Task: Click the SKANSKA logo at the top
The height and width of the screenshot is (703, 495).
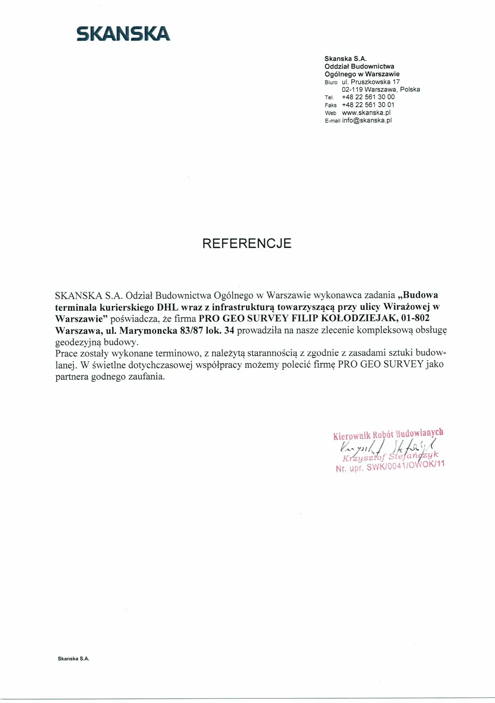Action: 123,34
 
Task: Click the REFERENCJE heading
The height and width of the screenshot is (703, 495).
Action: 246,243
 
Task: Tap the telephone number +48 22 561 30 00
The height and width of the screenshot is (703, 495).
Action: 368,97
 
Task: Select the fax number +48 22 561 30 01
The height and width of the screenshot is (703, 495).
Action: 368,105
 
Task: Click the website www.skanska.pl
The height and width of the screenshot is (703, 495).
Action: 366,113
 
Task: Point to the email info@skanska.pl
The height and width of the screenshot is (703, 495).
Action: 367,120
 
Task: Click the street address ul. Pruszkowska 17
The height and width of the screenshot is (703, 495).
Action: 371,82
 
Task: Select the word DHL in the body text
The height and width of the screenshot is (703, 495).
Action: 167,307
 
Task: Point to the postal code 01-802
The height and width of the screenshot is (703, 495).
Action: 416,318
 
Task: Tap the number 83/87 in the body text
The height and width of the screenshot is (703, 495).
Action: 193,331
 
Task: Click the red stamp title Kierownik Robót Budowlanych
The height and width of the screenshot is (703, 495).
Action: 388,434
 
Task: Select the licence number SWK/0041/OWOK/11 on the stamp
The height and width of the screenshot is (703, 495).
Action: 405,466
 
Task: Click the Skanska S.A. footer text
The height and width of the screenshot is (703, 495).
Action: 73,659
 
